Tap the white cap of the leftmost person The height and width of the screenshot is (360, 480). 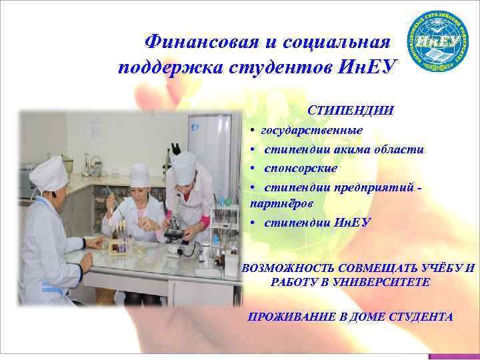click(48, 175)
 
